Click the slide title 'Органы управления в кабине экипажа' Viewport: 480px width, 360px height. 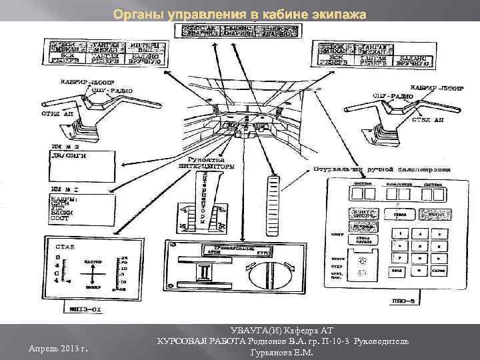239,13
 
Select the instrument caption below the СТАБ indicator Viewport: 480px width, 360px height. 87,309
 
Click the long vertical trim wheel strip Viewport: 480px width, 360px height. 272,201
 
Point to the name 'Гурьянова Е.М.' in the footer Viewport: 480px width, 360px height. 279,351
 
